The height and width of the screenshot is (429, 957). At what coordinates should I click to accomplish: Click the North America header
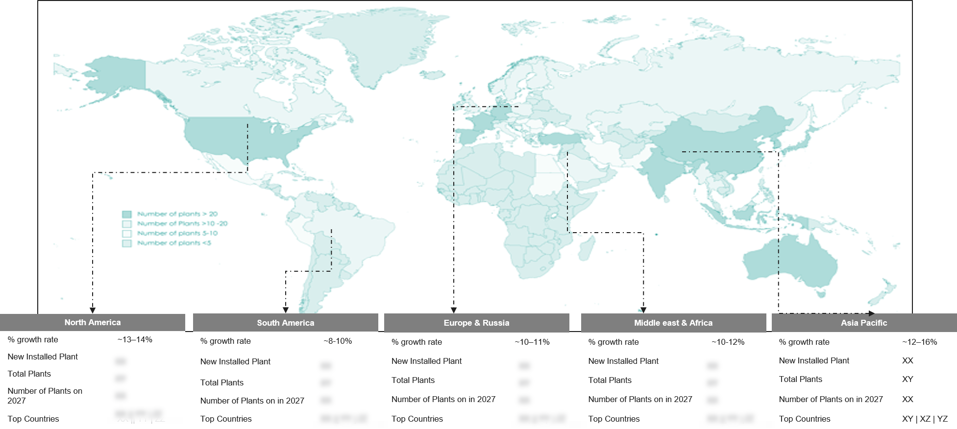pos(93,322)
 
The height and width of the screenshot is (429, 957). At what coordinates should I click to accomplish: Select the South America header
pos(285,323)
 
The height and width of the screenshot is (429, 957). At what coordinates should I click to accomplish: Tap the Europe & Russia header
pos(476,323)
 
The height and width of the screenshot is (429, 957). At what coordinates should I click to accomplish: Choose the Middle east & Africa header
pos(673,323)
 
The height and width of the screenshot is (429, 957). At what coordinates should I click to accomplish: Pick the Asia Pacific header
pos(864,323)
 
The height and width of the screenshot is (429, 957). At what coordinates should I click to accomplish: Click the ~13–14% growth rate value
pos(135,339)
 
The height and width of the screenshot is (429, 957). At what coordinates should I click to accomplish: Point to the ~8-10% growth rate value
pos(338,341)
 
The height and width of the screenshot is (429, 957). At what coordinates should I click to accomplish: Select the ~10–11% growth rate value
pos(532,342)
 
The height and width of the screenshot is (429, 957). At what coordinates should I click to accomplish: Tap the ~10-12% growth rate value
pos(728,342)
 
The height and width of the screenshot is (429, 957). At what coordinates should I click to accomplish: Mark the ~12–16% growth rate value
pos(920,342)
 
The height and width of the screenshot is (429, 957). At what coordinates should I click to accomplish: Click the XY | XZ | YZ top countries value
pos(925,419)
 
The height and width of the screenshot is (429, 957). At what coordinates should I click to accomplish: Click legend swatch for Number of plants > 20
pos(127,214)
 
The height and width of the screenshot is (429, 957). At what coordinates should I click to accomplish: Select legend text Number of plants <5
pos(174,243)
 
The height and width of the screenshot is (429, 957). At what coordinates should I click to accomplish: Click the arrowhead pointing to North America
pos(93,310)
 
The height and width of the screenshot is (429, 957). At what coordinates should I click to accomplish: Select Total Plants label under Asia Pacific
pos(801,379)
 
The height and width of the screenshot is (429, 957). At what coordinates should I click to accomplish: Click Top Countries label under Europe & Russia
pos(417,419)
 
